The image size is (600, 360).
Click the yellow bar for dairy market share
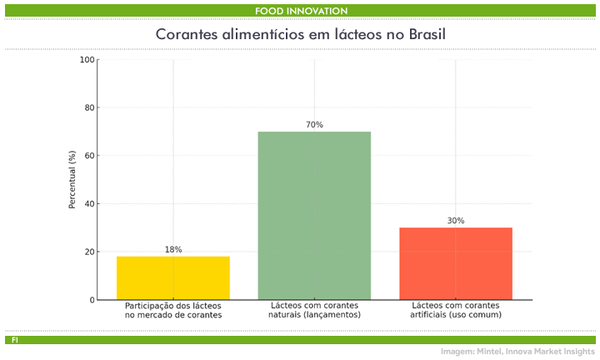(173, 277)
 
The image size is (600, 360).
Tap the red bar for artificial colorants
(456, 263)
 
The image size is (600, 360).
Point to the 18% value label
(173, 249)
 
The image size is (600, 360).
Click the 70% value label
(314, 125)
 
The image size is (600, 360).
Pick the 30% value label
(456, 221)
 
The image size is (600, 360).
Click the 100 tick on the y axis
(87, 60)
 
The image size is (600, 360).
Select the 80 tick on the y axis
(89, 107)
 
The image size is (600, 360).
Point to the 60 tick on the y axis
(89, 156)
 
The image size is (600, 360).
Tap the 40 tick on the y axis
(89, 203)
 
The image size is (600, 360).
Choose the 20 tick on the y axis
(89, 252)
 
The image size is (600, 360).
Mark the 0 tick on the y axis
(92, 300)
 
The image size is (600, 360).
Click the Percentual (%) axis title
(72, 179)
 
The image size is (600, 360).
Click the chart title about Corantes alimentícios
(300, 35)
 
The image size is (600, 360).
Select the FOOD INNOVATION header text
(301, 10)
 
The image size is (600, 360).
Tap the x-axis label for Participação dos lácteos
(173, 310)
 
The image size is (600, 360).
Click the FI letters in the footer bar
(15, 340)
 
